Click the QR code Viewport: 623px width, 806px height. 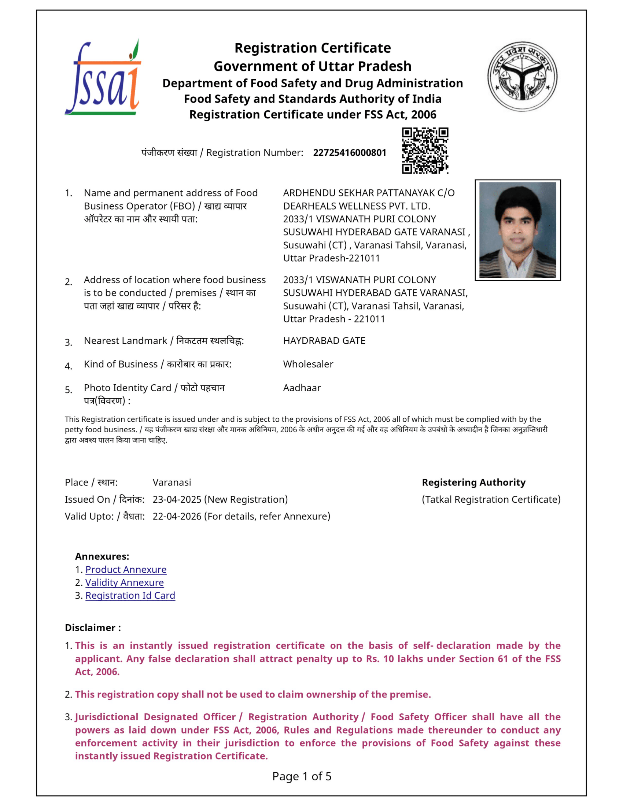425,151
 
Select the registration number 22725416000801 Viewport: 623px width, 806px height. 349,153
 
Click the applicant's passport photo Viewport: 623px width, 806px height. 517,230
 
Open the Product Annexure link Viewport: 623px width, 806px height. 126,569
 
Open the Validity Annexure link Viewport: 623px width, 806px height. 124,583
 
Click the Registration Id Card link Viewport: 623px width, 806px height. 130,595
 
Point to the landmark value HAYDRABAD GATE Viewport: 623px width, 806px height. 324,341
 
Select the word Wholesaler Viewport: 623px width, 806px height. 308,364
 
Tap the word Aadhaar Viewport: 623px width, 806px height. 302,388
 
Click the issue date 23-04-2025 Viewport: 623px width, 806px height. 177,499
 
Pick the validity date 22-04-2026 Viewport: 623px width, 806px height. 177,516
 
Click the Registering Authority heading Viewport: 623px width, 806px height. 473,483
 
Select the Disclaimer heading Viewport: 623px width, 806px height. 93,628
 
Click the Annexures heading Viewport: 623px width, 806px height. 102,557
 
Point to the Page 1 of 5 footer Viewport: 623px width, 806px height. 302,776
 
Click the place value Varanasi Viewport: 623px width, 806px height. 172,483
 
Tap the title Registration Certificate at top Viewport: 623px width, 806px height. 312,48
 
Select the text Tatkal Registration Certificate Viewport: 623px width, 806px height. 491,499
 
